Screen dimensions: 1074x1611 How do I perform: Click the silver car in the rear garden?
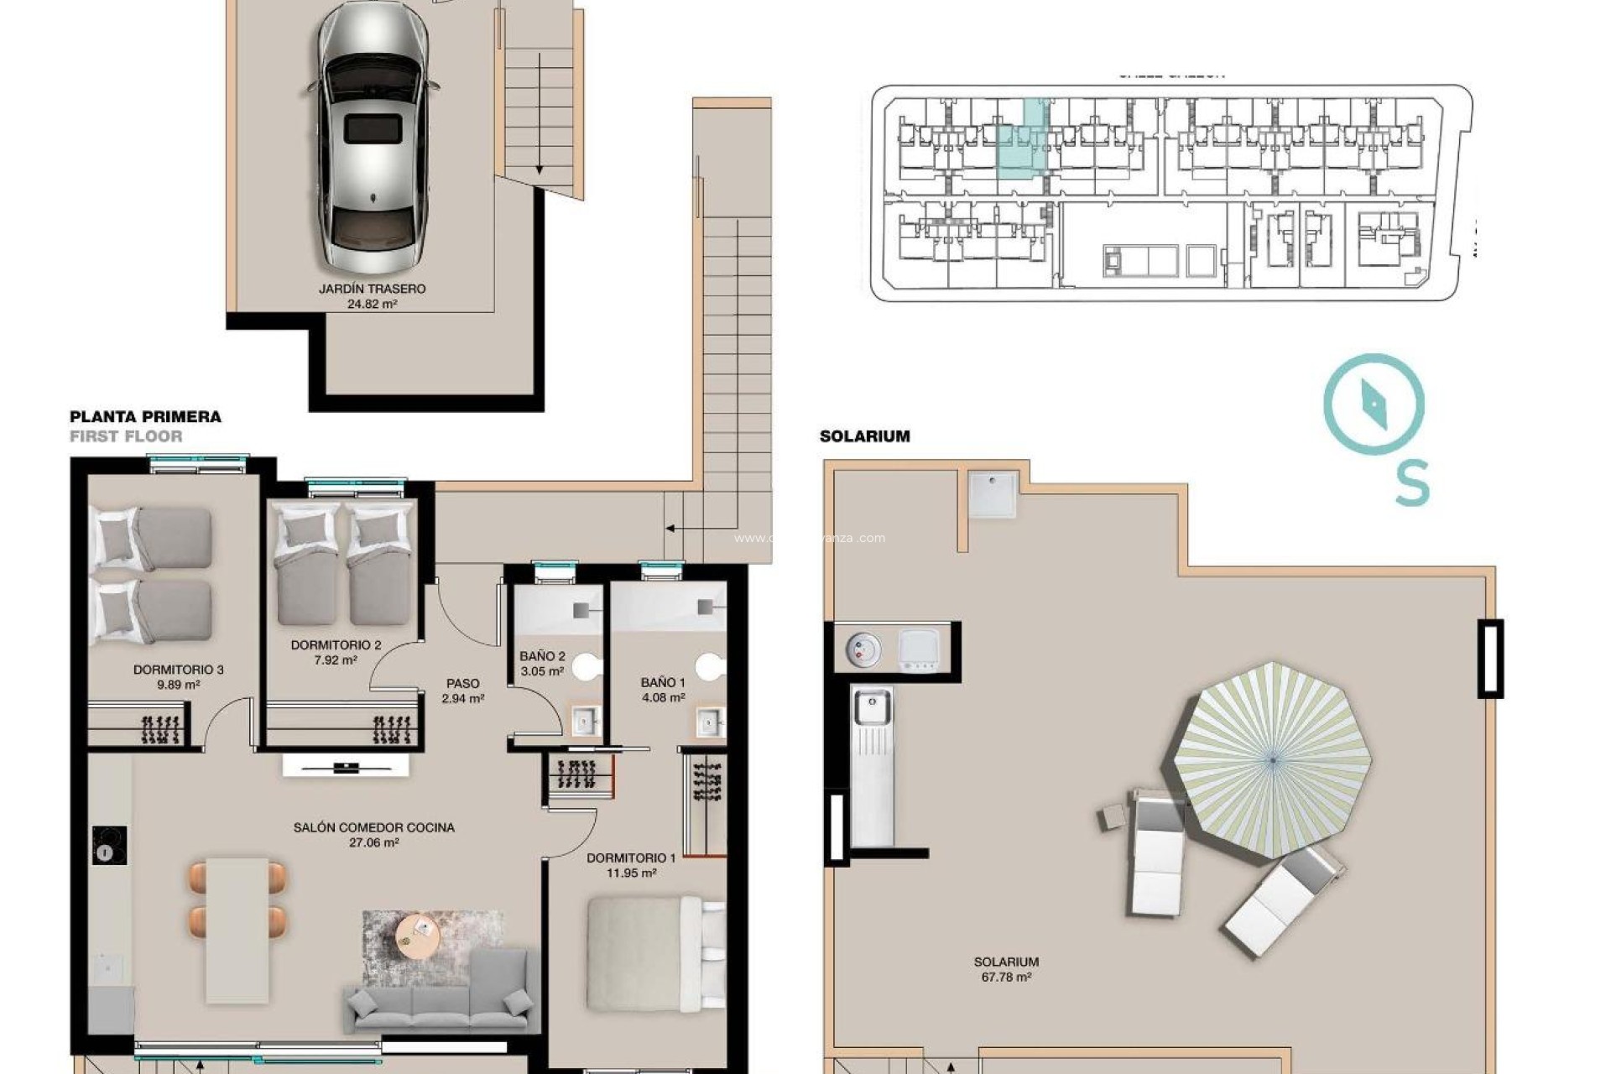coord(373,134)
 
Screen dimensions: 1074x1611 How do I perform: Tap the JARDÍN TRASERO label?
coord(372,289)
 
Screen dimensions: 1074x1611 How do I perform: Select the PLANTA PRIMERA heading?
coord(145,417)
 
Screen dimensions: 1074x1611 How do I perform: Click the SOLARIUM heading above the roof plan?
coord(864,436)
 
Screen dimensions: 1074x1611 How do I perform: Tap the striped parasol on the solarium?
coord(1271,759)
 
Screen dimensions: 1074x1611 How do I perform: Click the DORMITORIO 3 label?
coord(178,670)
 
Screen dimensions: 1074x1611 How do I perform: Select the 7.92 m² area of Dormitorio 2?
coord(336,660)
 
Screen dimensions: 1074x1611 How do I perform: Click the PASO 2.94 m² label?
coord(462,691)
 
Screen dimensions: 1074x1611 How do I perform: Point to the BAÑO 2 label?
coord(542,656)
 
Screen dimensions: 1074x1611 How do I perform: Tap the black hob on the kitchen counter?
coord(109,845)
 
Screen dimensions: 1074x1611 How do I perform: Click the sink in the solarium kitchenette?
coord(873,706)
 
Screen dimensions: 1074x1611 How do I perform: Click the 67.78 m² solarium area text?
coord(1005,978)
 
